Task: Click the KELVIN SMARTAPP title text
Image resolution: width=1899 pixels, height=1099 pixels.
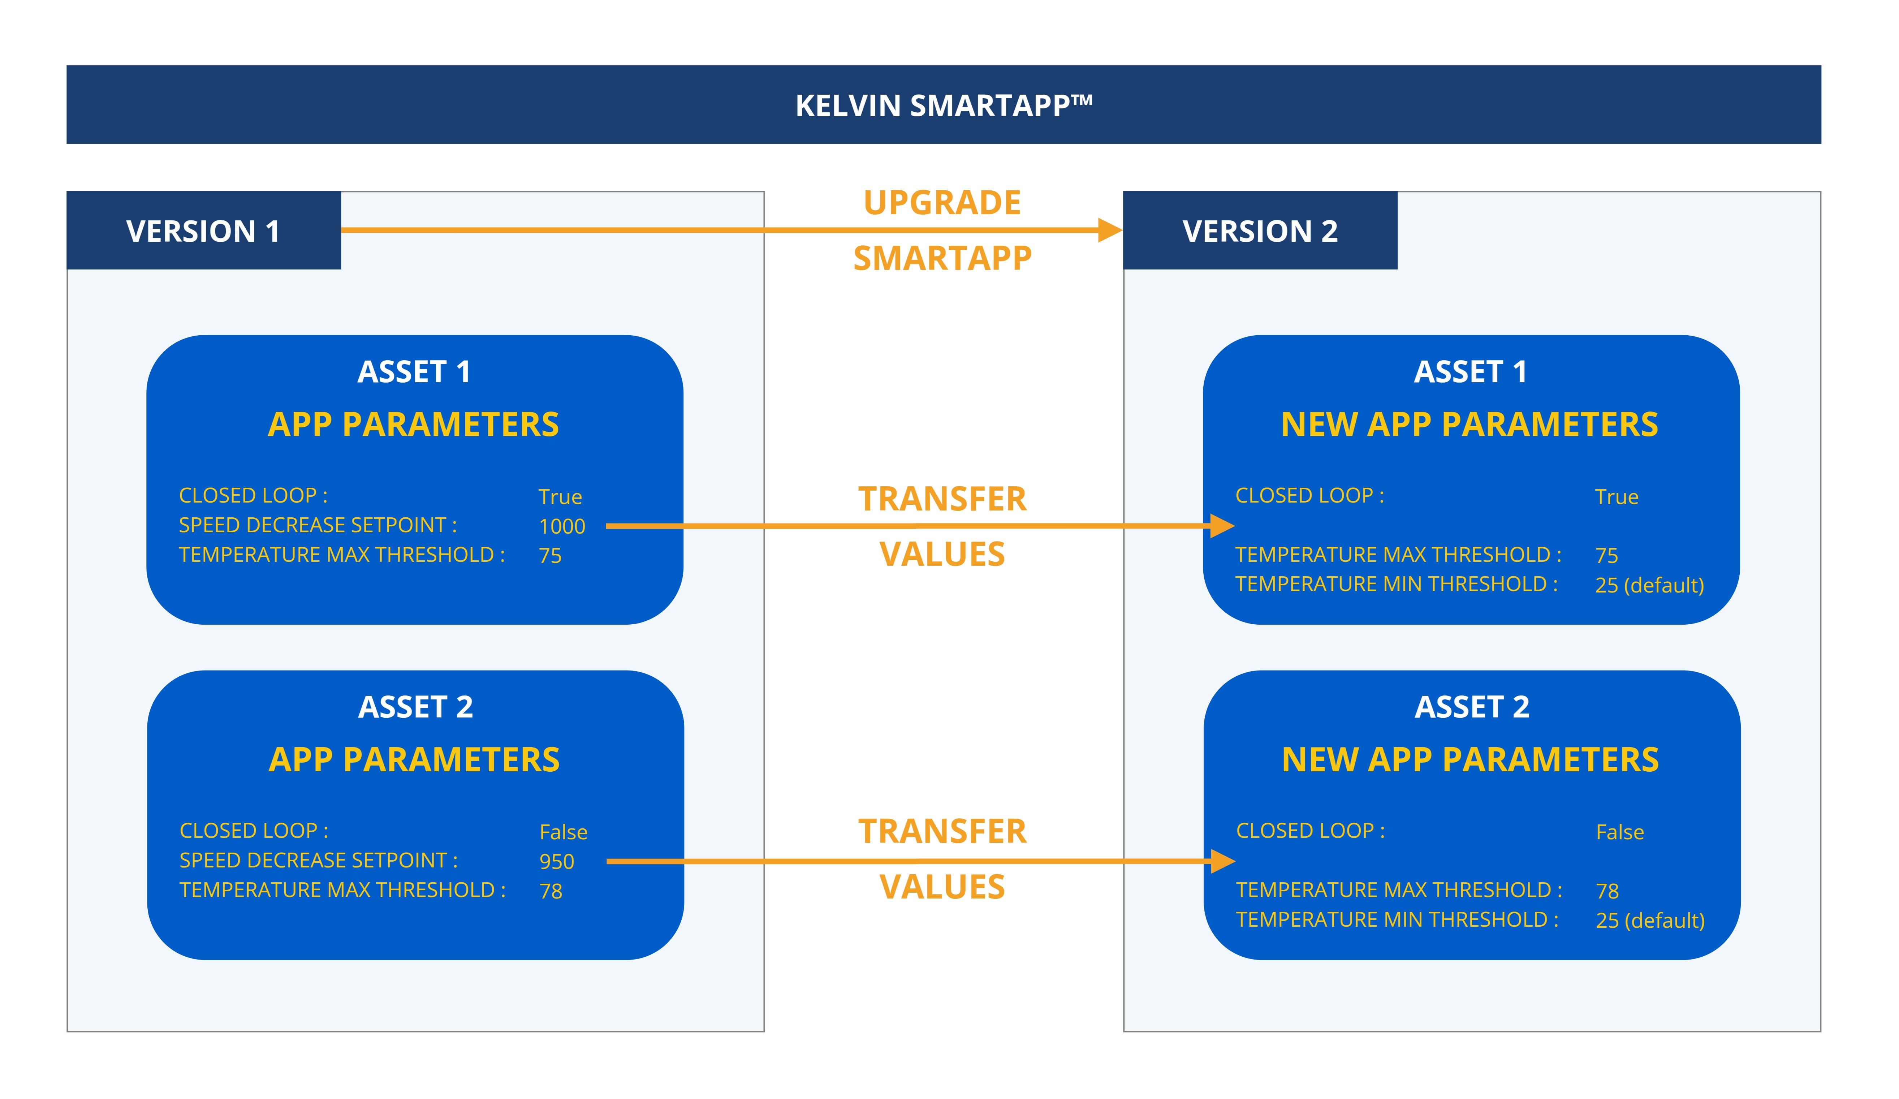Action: click(944, 105)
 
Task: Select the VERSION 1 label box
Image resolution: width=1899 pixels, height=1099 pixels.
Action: click(203, 230)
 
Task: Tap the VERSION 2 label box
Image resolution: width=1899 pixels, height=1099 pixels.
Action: click(1260, 230)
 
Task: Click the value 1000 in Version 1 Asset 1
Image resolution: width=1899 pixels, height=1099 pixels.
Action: click(561, 526)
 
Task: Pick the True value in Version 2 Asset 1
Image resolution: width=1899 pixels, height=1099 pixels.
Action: click(1617, 497)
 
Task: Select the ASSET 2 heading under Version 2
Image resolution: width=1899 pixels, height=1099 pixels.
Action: click(1472, 707)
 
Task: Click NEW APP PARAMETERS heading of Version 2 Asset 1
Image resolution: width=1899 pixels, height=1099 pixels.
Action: click(1469, 424)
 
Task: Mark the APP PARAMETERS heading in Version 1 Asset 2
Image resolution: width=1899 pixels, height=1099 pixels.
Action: click(414, 760)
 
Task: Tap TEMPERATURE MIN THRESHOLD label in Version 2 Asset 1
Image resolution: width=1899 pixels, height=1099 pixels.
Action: click(1395, 584)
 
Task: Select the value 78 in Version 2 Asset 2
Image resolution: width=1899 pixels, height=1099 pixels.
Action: click(1607, 891)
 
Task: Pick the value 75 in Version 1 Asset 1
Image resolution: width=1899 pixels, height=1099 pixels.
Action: click(550, 556)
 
